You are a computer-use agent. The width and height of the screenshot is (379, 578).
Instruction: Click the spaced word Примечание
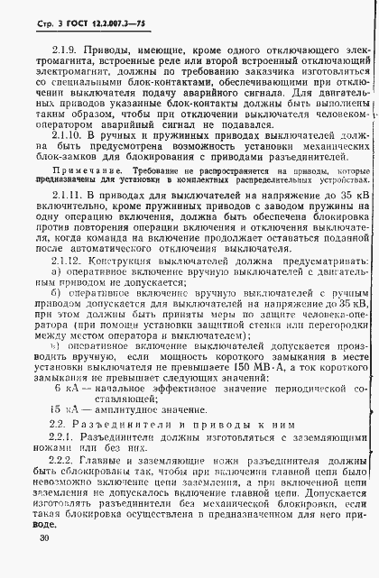[x=81, y=194]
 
